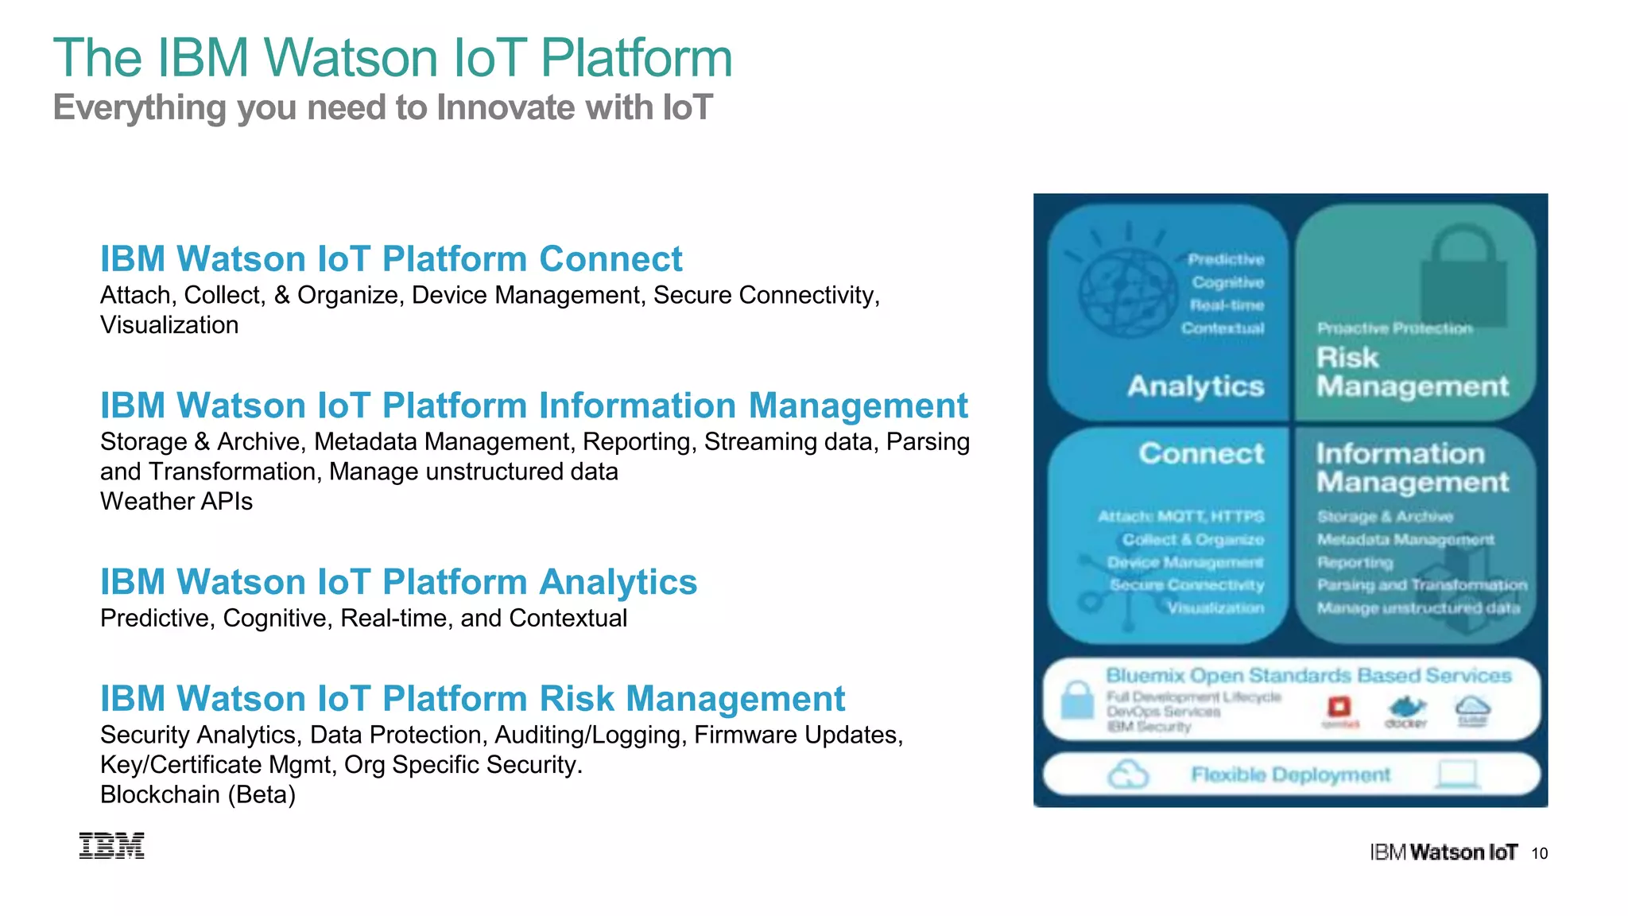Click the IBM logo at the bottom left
click(112, 846)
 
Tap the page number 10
click(1539, 853)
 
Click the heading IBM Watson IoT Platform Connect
click(390, 259)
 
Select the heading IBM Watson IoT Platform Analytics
click(398, 582)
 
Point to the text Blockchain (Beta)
click(198, 794)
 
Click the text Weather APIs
click(176, 502)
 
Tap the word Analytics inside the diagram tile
click(1196, 386)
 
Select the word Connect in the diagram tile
click(1201, 453)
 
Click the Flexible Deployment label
click(1290, 774)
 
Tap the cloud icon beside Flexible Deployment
click(1128, 774)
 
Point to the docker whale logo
click(1405, 709)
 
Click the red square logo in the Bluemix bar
click(1339, 707)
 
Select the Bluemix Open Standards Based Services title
click(1308, 676)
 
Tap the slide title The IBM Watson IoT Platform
click(393, 58)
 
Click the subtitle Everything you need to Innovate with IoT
click(382, 107)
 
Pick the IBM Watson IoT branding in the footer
click(1443, 853)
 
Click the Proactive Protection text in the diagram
click(1394, 328)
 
